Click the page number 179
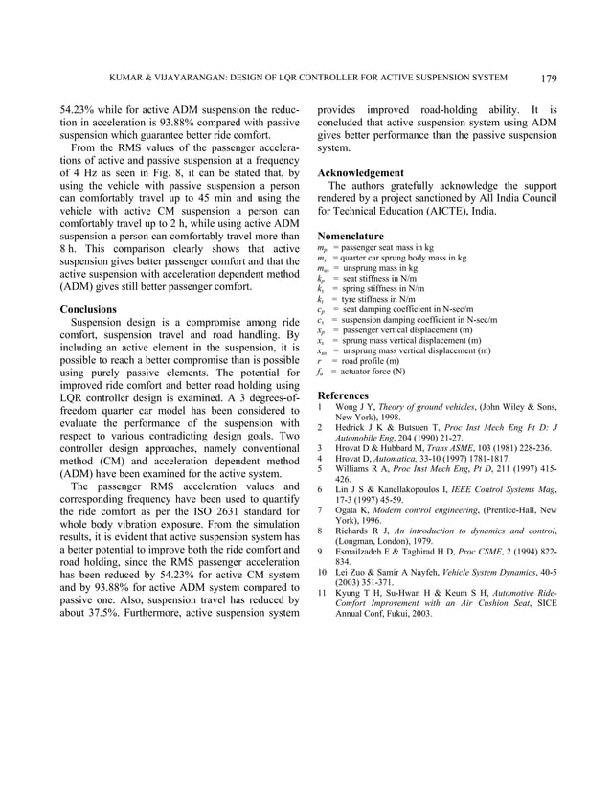pos(549,78)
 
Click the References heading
pos(344,395)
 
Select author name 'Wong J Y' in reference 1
pos(356,409)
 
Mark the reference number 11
pos(324,592)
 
